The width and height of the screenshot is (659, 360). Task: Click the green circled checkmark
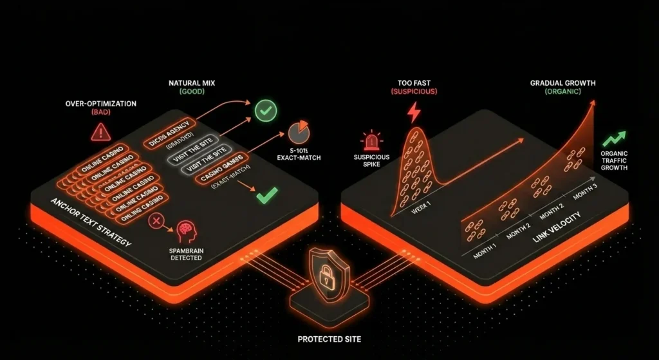[265, 111]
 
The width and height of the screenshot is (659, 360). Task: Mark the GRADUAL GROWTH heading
[562, 83]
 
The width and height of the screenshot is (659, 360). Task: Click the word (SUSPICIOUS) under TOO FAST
[414, 92]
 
